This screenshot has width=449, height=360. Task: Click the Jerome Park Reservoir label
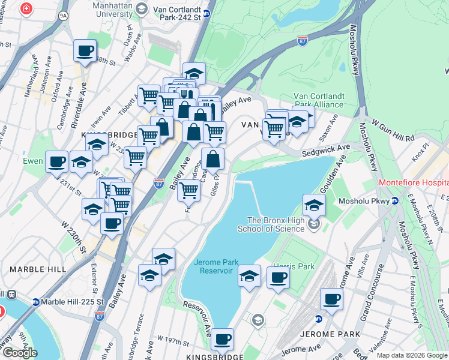point(213,266)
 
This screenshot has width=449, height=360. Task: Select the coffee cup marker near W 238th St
point(85,50)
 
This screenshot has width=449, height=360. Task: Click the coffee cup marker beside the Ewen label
point(56,161)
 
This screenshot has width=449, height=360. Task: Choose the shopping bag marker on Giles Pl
point(213,160)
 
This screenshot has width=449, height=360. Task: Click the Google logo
point(20,353)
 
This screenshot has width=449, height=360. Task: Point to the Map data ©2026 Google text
point(412,355)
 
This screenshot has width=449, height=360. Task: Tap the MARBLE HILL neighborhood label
point(37,269)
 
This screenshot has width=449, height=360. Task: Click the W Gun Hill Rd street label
point(393,133)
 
